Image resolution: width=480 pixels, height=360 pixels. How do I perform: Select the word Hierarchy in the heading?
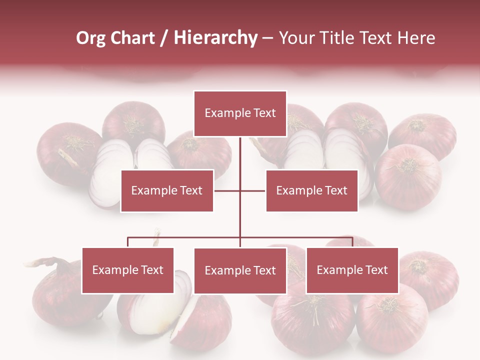[215, 38]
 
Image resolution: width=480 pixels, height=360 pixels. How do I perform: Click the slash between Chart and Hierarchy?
[163, 38]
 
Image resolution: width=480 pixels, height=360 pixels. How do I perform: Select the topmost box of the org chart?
[240, 113]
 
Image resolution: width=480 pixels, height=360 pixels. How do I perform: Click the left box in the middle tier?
[167, 190]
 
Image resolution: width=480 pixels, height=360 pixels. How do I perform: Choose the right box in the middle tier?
[311, 190]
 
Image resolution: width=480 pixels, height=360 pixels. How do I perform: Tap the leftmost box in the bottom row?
[128, 270]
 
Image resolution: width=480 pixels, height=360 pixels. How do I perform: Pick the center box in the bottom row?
[240, 271]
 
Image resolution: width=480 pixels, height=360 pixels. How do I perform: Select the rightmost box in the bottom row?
[352, 270]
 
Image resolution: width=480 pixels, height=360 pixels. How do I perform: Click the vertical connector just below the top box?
[240, 155]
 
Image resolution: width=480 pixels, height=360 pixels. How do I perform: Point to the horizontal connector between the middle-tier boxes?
[240, 190]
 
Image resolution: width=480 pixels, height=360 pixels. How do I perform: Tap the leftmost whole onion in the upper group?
[62, 152]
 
